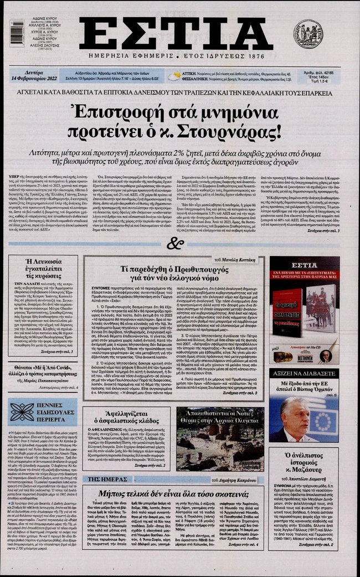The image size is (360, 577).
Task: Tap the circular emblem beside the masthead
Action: coord(308,34)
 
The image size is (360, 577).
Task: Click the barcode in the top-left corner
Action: coord(17,33)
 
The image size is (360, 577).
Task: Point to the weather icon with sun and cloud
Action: coord(174,76)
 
